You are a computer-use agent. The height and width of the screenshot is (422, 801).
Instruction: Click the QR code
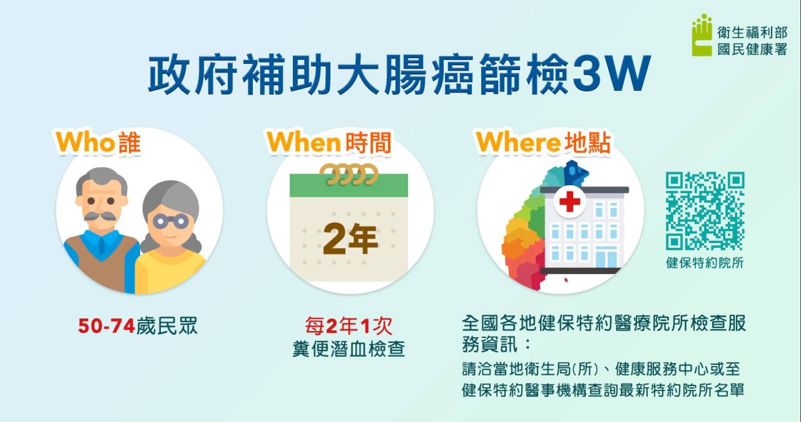coord(705,211)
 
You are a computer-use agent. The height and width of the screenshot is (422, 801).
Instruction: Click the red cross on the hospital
coord(570,201)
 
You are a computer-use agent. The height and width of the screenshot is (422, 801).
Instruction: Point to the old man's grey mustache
coord(100,216)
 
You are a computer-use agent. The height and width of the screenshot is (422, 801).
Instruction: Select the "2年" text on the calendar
coord(350,239)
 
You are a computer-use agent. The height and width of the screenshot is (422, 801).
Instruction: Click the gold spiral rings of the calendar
coord(348,175)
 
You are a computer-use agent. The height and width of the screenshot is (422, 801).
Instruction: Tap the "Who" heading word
coord(85,142)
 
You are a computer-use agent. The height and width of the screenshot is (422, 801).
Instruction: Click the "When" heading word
coord(303,142)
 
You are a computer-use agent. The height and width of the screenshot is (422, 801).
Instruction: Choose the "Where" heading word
coord(518,142)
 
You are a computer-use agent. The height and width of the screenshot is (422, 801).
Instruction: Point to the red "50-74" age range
coord(106,326)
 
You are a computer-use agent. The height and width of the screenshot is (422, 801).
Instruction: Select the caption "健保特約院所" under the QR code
coord(705,263)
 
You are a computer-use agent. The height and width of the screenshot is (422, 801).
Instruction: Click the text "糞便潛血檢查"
coord(348,349)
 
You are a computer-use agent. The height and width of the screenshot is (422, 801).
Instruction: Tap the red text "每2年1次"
coord(348,326)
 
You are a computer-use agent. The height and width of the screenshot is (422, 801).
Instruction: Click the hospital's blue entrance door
coord(606,257)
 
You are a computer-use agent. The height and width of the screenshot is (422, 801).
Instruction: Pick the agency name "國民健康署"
coord(752,50)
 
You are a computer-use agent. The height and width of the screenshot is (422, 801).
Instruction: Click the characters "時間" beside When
coord(368,142)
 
